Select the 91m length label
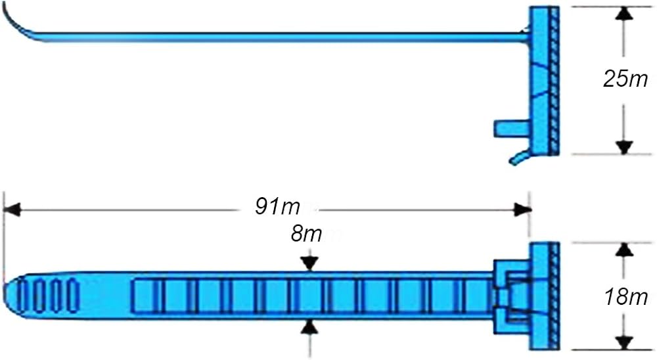[278, 206]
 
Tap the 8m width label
[306, 233]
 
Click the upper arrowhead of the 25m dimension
[625, 14]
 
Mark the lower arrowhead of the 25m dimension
[625, 146]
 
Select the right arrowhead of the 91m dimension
[522, 210]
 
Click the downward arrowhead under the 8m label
[310, 263]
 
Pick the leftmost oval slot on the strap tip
[26, 295]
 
